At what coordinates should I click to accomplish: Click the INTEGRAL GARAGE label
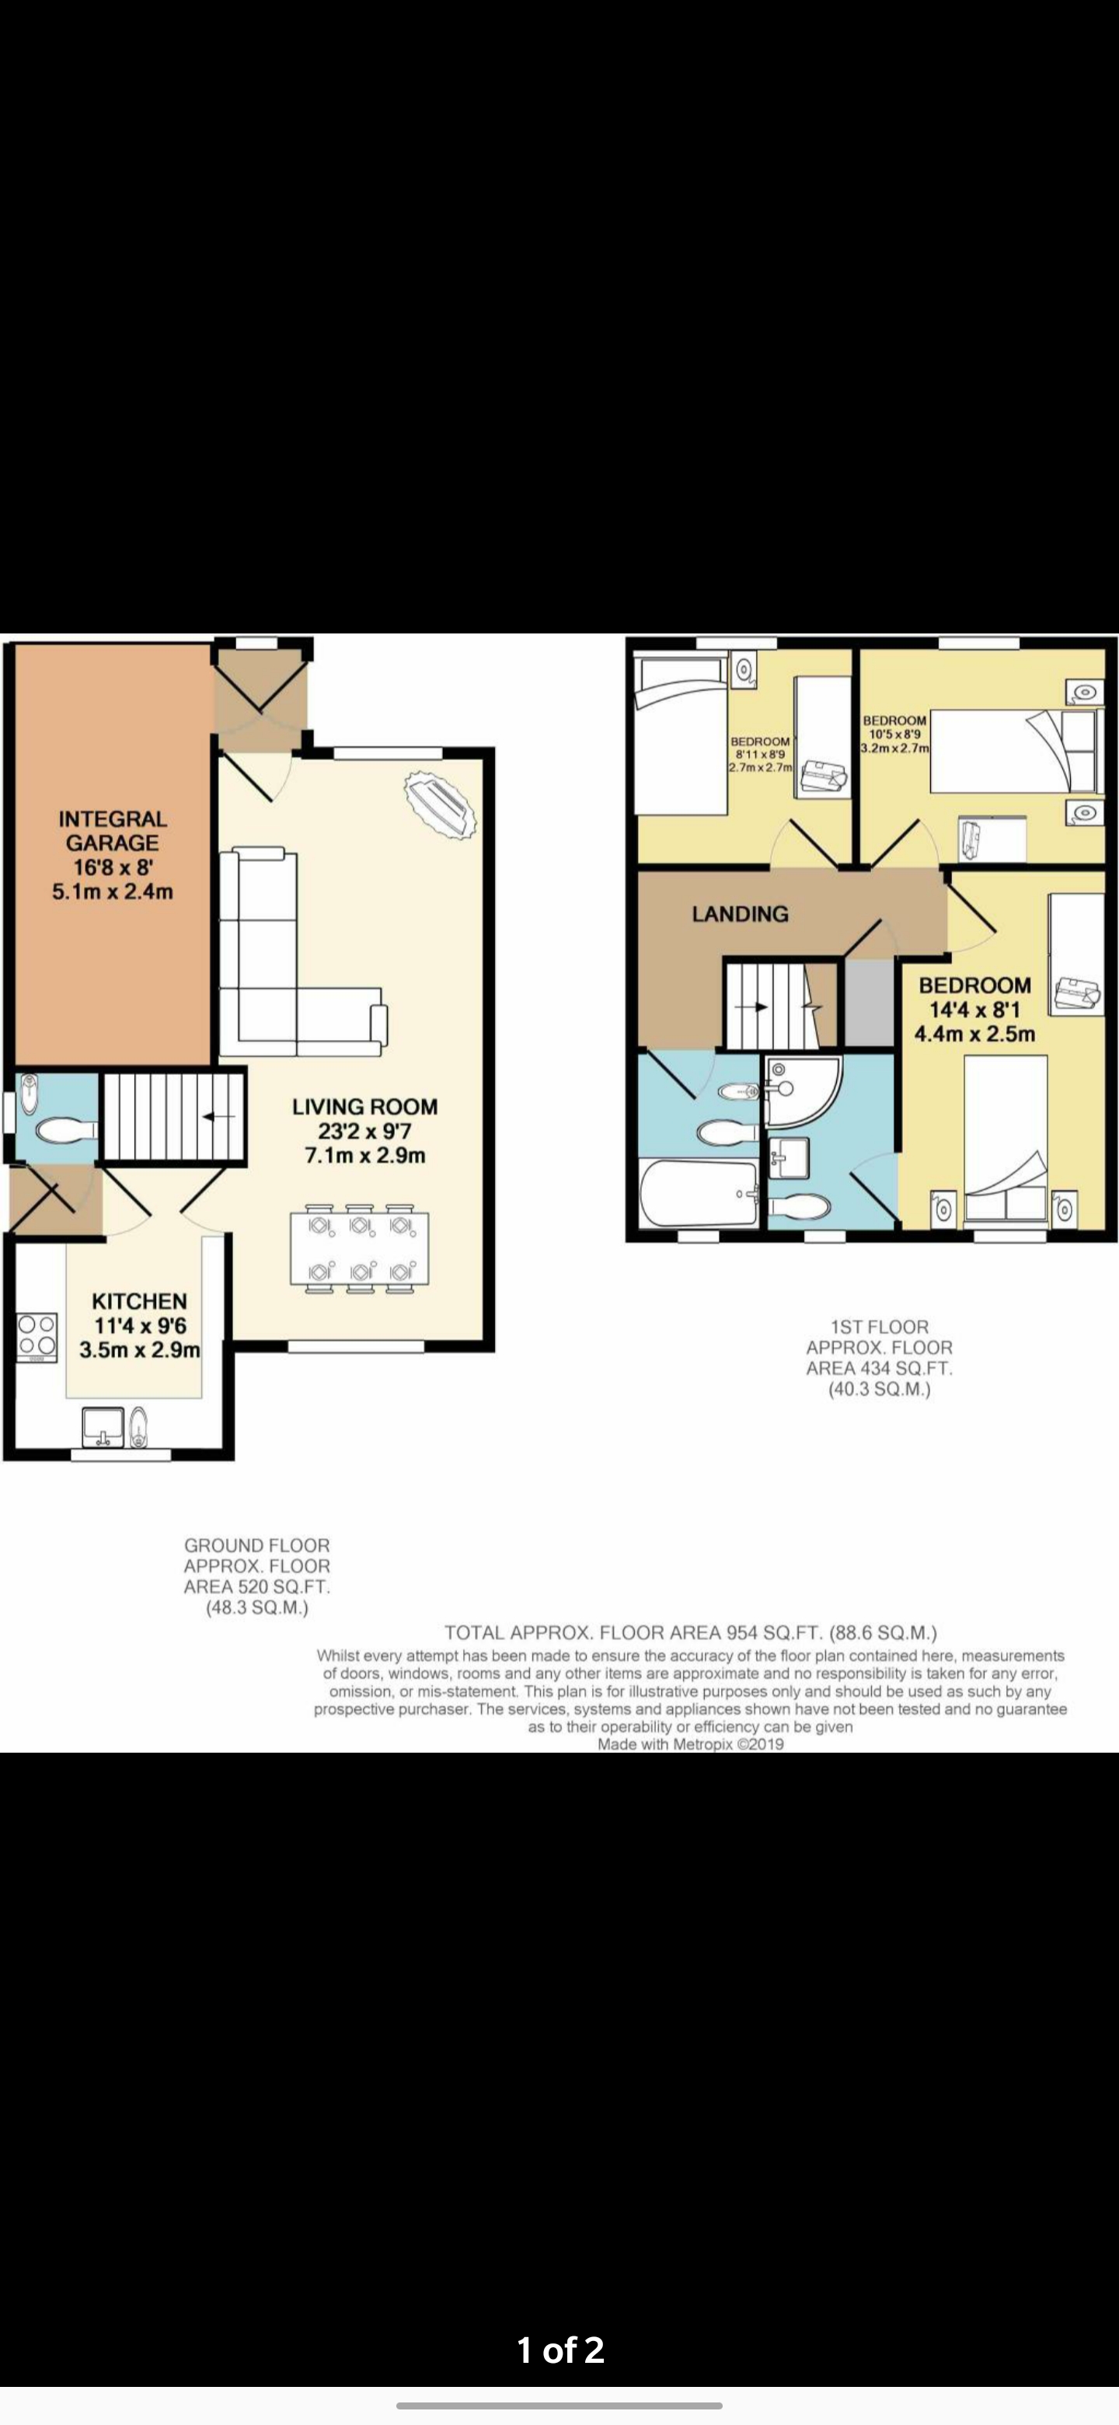pyautogui.click(x=112, y=830)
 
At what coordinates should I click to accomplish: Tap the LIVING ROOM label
pyautogui.click(x=364, y=1107)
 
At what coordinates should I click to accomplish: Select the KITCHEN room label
pyautogui.click(x=139, y=1301)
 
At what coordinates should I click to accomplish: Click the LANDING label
pyautogui.click(x=740, y=914)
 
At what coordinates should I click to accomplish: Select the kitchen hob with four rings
pyautogui.click(x=37, y=1337)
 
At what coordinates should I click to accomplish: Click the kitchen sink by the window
pyautogui.click(x=103, y=1426)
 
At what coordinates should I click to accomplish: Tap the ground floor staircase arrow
pyautogui.click(x=218, y=1116)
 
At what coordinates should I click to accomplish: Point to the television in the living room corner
pyautogui.click(x=441, y=806)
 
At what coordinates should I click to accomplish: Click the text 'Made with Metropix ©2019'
pyautogui.click(x=690, y=1743)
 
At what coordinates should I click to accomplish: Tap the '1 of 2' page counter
pyautogui.click(x=560, y=2350)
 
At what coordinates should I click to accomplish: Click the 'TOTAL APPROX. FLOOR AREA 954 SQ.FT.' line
pyautogui.click(x=690, y=1632)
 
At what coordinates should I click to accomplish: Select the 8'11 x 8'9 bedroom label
pyautogui.click(x=761, y=754)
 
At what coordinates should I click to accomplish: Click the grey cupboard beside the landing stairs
pyautogui.click(x=869, y=1002)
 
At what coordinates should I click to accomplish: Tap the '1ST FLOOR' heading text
pyautogui.click(x=879, y=1327)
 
